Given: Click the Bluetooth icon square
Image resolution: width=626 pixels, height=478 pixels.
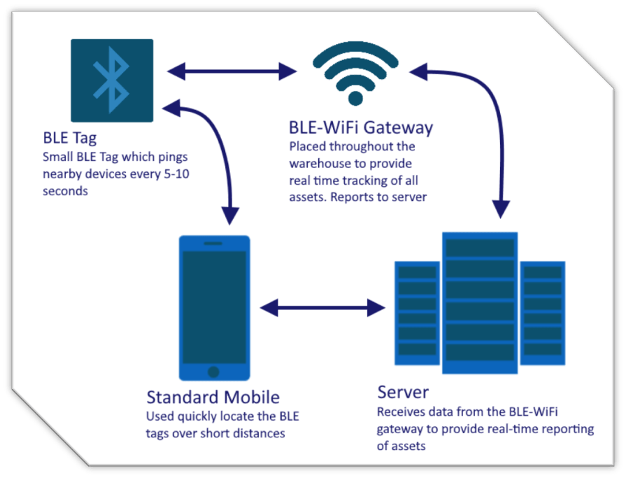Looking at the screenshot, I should tap(112, 80).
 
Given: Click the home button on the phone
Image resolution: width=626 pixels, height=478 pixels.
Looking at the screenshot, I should tap(214, 372).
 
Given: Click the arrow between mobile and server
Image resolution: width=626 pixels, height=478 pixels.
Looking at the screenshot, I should tap(322, 307).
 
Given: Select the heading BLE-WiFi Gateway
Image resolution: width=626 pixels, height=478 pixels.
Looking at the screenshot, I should tap(361, 128).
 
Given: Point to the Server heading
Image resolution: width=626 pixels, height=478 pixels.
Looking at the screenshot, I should tap(404, 391).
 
